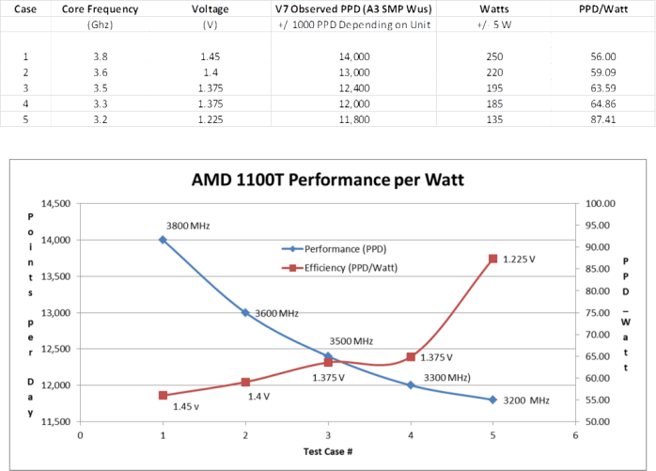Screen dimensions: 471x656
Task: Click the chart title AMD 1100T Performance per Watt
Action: pyautogui.click(x=329, y=179)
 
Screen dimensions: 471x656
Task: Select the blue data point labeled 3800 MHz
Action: pyautogui.click(x=163, y=240)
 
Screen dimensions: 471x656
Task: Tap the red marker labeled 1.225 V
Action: pyautogui.click(x=492, y=259)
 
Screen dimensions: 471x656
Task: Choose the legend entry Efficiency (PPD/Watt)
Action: pyautogui.click(x=343, y=268)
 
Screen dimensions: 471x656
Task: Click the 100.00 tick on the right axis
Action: pyautogui.click(x=601, y=204)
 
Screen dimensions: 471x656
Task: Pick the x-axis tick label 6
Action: pyautogui.click(x=574, y=434)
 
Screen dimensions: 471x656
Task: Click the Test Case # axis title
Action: pyautogui.click(x=327, y=452)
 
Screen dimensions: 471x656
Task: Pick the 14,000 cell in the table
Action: pyautogui.click(x=352, y=56)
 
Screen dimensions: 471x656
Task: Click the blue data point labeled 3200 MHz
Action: pyautogui.click(x=492, y=400)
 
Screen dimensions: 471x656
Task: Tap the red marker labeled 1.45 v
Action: pyautogui.click(x=163, y=396)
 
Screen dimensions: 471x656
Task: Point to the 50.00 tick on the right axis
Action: pyautogui.click(x=601, y=422)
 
